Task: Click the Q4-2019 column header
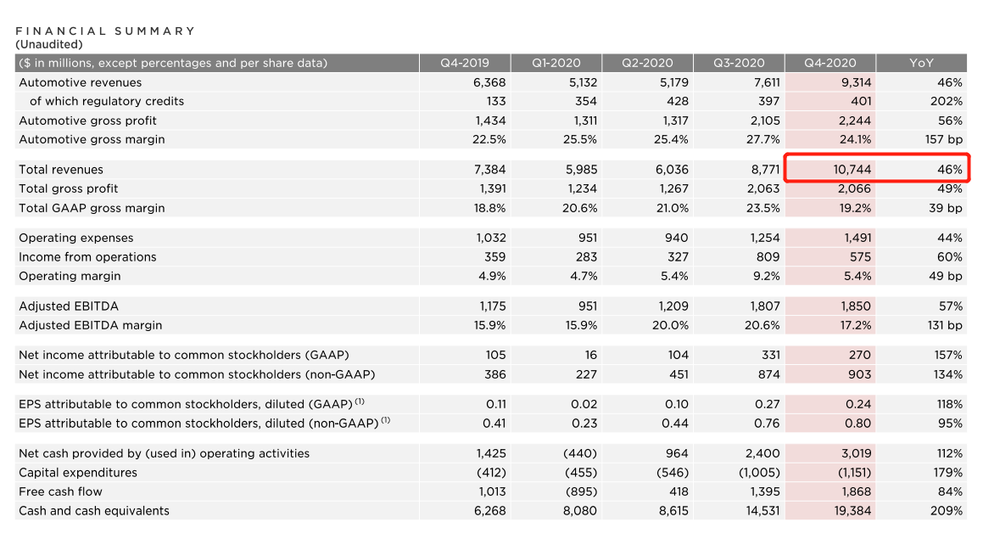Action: tap(463, 63)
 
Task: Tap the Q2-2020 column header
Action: tap(646, 63)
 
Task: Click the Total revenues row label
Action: tap(61, 170)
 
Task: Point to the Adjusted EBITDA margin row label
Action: tap(90, 325)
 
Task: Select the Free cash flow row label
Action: tap(60, 491)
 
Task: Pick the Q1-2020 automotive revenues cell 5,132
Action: tap(580, 82)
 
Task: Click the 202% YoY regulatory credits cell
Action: tap(948, 101)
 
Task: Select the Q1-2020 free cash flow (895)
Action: tap(581, 491)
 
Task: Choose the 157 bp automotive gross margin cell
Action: tap(944, 139)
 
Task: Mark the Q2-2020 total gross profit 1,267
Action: tap(672, 188)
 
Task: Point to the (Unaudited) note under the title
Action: tap(49, 44)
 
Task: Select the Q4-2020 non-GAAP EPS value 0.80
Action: tap(857, 423)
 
